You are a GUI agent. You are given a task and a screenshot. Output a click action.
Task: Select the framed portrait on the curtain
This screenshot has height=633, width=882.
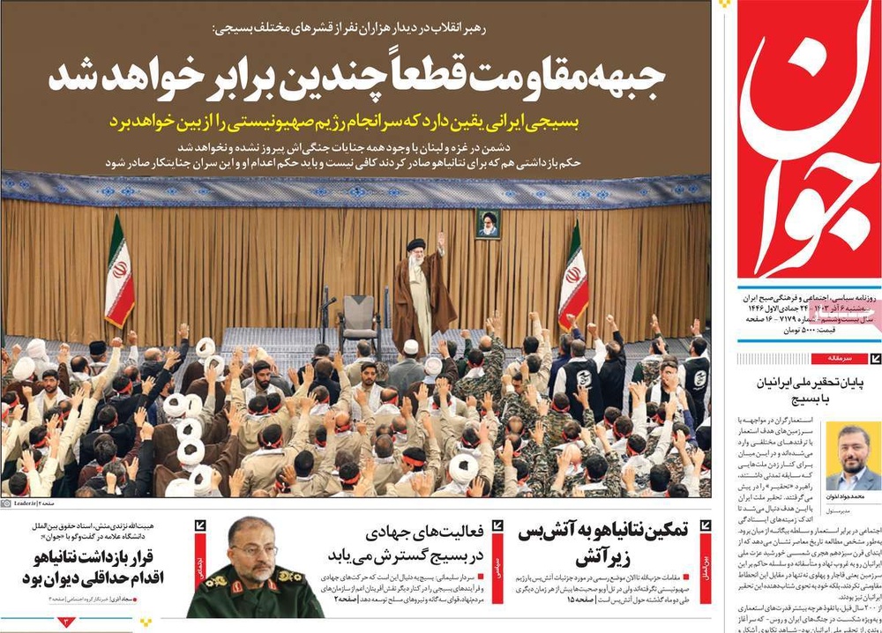pos(488,224)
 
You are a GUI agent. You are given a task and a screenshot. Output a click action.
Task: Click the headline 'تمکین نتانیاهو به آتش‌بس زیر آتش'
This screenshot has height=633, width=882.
pos(617,545)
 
